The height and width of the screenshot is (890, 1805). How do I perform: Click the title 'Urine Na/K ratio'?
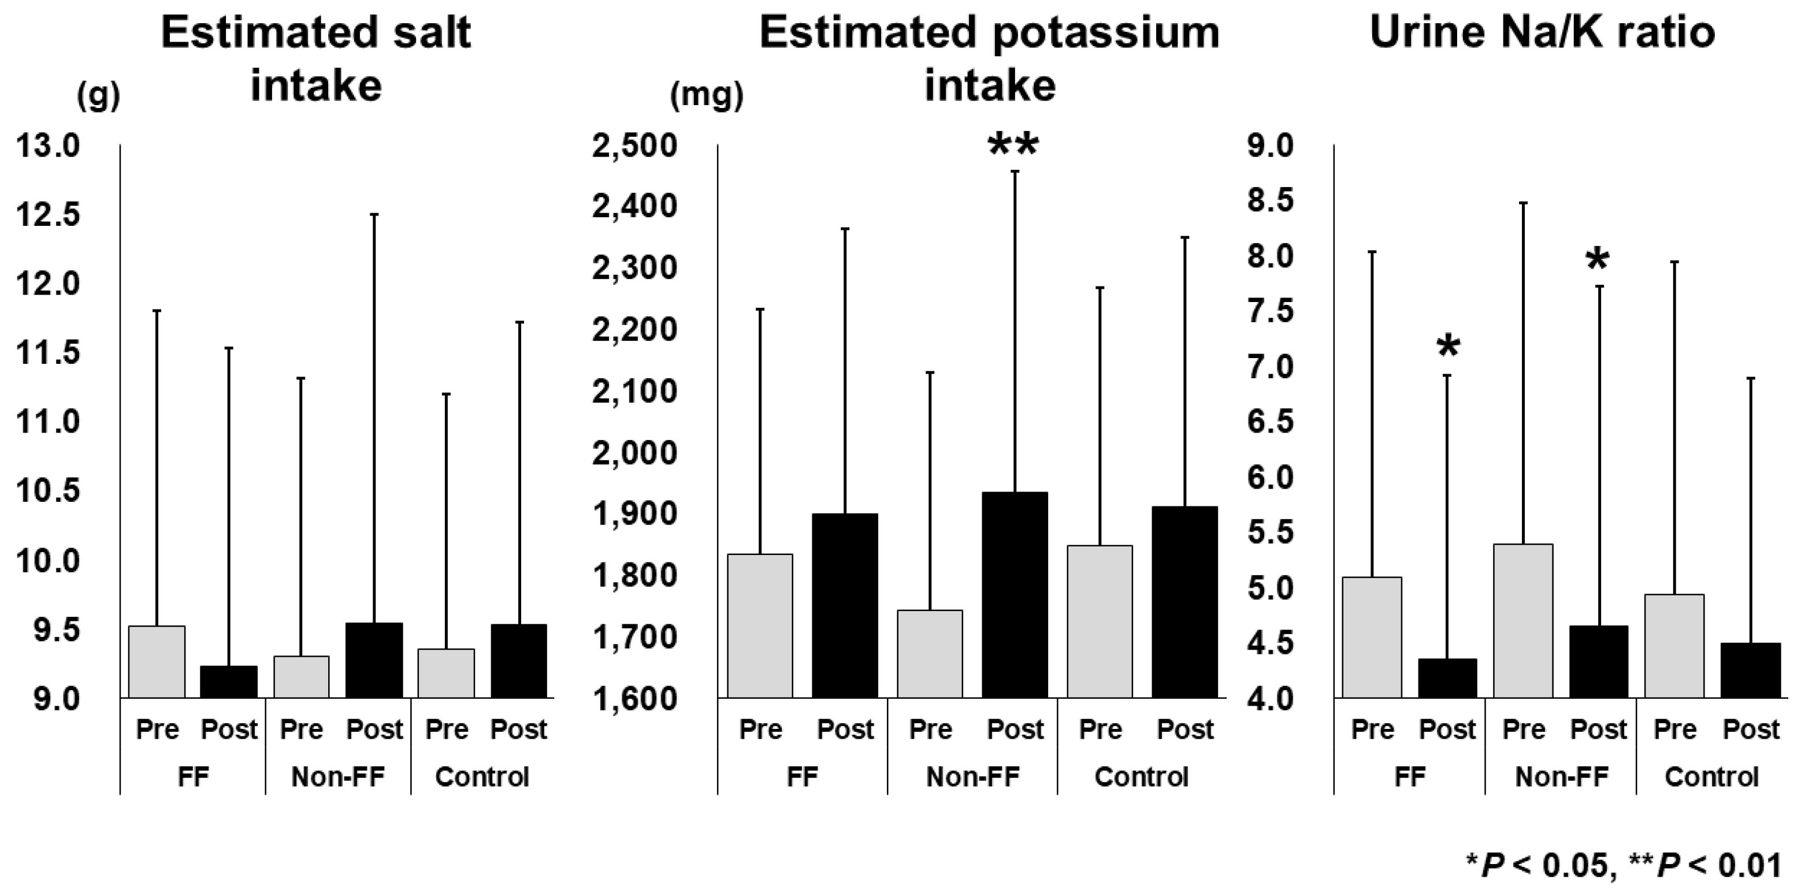(x=1542, y=32)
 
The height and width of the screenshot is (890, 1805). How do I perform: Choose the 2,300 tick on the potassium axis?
(x=634, y=267)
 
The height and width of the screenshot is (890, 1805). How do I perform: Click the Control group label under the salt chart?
(x=481, y=777)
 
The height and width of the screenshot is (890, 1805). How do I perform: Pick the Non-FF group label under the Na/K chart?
(x=1562, y=777)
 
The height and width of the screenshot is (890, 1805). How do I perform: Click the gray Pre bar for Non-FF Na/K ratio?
(x=1523, y=620)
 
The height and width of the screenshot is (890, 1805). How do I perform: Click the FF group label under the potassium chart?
(x=803, y=777)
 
